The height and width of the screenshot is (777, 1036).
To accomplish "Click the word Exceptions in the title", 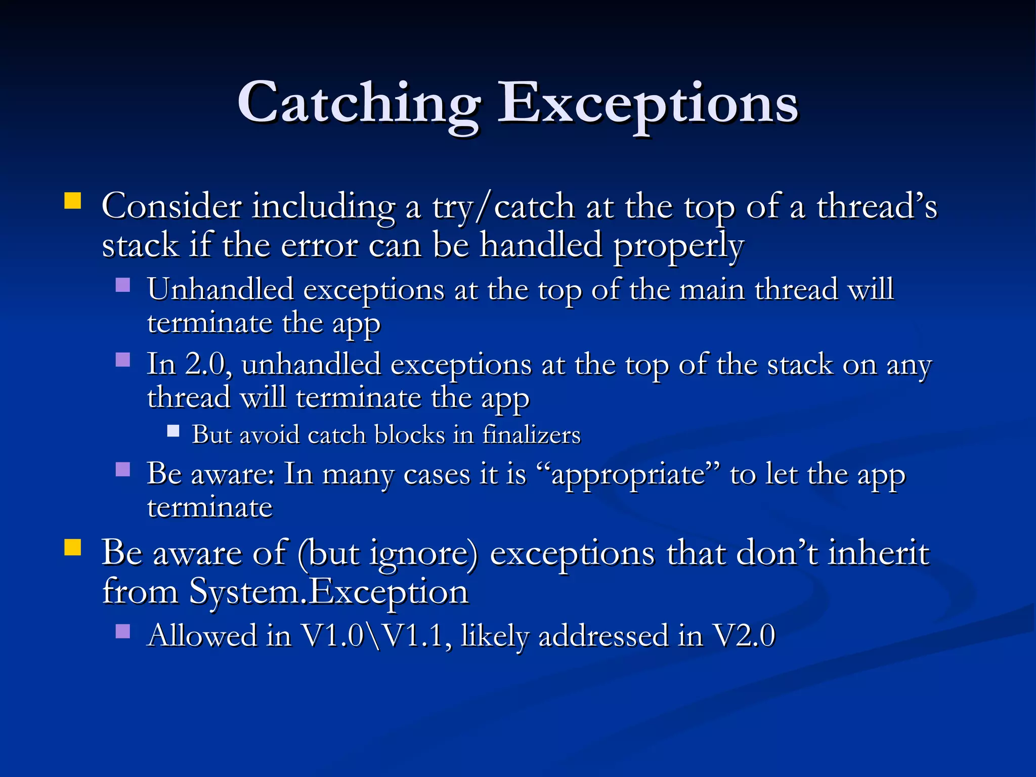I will pyautogui.click(x=647, y=104).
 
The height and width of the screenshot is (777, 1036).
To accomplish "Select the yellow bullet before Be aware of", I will pyautogui.click(x=73, y=547).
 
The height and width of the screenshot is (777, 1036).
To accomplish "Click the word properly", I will pyautogui.click(x=678, y=246).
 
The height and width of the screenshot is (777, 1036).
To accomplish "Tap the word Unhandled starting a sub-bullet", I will pyautogui.click(x=221, y=289).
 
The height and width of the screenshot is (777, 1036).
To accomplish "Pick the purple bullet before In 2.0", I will pyautogui.click(x=123, y=360).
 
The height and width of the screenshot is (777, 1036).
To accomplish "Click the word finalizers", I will pyautogui.click(x=531, y=435).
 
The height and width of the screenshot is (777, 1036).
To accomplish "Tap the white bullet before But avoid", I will pyautogui.click(x=173, y=431).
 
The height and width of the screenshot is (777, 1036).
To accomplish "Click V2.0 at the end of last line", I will pyautogui.click(x=744, y=636).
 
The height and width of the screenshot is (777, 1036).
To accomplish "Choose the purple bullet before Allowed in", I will pyautogui.click(x=123, y=631).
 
